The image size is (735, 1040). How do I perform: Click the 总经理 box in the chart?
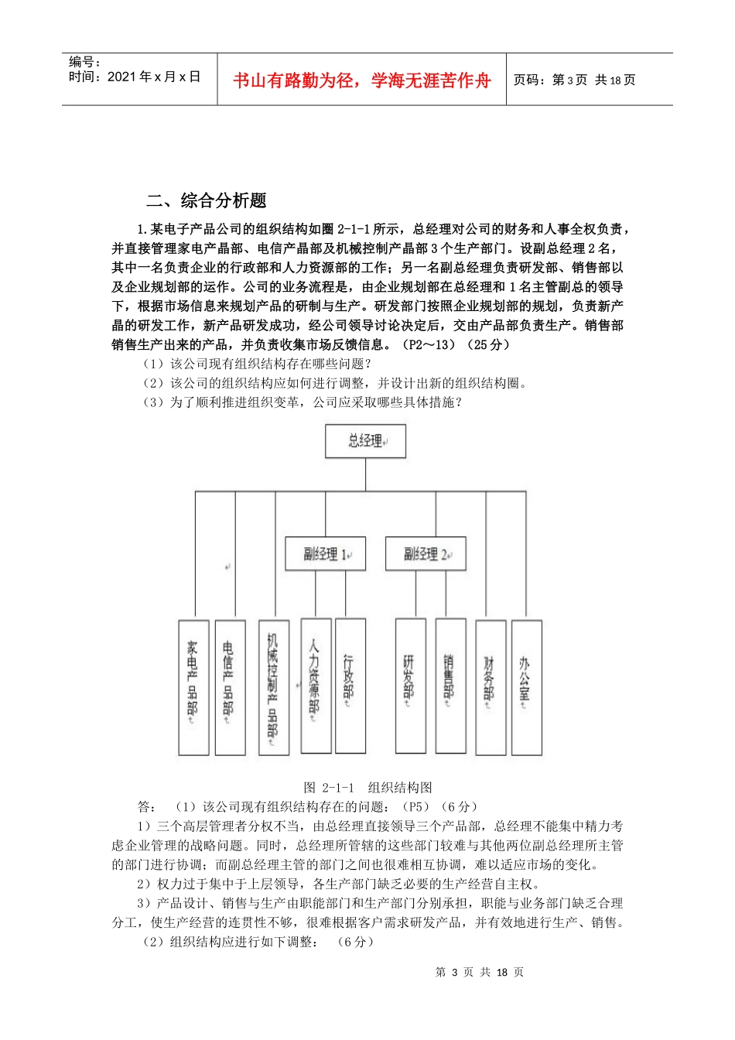coord(366,441)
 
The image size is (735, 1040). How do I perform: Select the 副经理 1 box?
coord(325,554)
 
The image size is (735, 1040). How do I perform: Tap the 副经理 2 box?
coord(426,554)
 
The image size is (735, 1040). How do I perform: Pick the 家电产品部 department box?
coord(193,687)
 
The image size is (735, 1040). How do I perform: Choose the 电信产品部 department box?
coord(230,687)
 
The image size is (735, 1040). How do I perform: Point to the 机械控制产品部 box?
coord(273,687)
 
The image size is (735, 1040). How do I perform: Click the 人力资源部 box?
coord(316,686)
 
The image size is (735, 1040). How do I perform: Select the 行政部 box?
coord(350,686)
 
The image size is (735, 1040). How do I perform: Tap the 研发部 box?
coord(410,686)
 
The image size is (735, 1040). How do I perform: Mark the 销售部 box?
coord(450,686)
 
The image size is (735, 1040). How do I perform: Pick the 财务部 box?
coord(491,687)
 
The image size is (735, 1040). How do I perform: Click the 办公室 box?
coord(526,687)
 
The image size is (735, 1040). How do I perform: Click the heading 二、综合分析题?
coord(207,201)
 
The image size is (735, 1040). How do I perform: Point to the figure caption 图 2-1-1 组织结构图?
coord(367,788)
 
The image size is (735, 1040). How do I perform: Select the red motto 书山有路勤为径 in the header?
coord(362,80)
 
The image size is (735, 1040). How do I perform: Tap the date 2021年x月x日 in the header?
coord(135,77)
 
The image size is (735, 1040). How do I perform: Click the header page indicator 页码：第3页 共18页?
coord(574,80)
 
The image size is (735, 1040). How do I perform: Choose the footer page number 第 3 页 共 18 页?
coord(480,972)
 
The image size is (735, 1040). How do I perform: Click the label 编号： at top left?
coord(84,62)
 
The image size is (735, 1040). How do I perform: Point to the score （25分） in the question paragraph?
coord(489,345)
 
